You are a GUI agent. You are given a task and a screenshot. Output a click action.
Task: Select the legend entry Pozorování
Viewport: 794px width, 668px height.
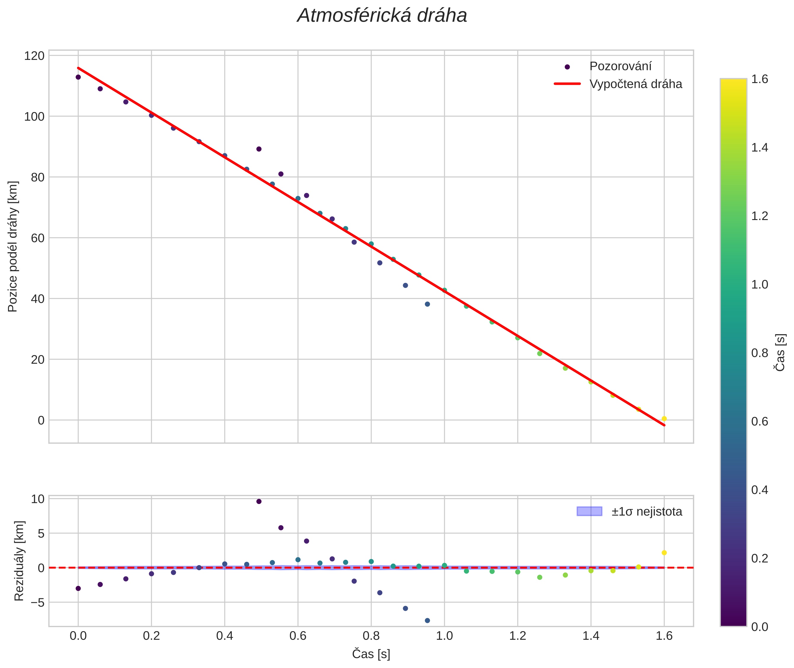pyautogui.click(x=620, y=66)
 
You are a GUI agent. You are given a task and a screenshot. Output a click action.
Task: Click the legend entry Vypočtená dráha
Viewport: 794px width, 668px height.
pyautogui.click(x=635, y=84)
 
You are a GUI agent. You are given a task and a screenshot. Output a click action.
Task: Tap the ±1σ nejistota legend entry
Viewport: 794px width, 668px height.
pyautogui.click(x=646, y=512)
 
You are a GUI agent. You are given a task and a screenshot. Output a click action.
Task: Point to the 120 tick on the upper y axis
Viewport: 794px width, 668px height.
pyautogui.click(x=34, y=56)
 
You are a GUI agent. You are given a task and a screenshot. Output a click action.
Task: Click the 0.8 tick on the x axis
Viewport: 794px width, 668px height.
pyautogui.click(x=371, y=636)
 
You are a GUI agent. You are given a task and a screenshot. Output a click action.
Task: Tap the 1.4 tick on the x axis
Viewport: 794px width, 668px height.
pyautogui.click(x=591, y=636)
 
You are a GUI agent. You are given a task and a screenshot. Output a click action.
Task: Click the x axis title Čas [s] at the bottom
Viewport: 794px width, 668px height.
pyautogui.click(x=371, y=654)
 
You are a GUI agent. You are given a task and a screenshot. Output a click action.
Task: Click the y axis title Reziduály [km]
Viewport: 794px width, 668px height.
pyautogui.click(x=19, y=561)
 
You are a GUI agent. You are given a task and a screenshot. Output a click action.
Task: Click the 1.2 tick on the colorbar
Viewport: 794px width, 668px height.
pyautogui.click(x=760, y=216)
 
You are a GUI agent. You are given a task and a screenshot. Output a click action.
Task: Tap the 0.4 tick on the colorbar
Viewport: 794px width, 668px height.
pyautogui.click(x=760, y=490)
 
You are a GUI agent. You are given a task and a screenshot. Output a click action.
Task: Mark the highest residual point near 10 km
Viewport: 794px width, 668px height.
pyautogui.click(x=259, y=501)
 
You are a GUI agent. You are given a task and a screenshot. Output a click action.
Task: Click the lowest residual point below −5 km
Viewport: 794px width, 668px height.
pyautogui.click(x=427, y=621)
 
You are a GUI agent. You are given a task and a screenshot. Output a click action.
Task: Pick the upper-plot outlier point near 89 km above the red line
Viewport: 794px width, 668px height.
pyautogui.click(x=259, y=149)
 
